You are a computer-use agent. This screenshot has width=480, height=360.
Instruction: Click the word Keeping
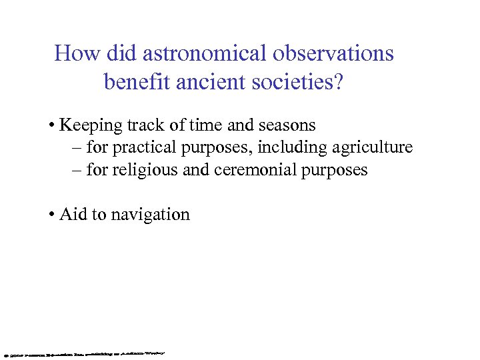[x=89, y=125]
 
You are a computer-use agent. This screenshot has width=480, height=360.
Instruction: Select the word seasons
[x=288, y=125]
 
